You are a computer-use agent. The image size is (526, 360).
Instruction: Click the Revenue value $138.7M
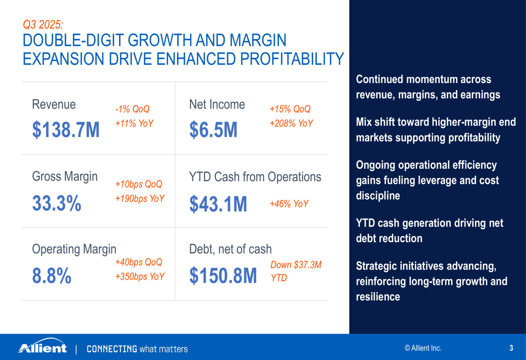point(66,130)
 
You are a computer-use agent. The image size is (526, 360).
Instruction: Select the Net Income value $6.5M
point(214,130)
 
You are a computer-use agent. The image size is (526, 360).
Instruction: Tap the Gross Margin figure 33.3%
point(57,203)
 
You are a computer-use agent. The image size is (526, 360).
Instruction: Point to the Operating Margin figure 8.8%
point(52,275)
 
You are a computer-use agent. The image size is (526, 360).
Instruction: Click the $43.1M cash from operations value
point(218,203)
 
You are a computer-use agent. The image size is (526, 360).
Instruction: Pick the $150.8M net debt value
point(223,275)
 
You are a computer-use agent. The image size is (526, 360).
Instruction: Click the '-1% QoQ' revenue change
point(132,109)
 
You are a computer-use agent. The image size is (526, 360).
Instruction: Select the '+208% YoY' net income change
point(291,124)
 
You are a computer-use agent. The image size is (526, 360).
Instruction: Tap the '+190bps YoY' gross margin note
point(139,199)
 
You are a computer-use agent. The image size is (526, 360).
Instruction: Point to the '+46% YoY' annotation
point(289,204)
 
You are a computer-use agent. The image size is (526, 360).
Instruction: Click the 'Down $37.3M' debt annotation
point(296,265)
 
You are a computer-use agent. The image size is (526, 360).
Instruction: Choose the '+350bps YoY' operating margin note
point(139,276)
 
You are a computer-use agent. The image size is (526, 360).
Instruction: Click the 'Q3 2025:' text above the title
point(43,24)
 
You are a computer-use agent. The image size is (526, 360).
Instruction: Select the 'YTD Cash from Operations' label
point(255,177)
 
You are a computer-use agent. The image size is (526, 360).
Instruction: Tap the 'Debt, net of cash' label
point(230,249)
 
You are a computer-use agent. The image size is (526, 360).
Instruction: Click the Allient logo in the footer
point(43,347)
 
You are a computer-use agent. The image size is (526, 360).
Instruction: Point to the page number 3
point(511,348)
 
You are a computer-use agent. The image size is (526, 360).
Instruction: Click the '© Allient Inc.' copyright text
point(423,348)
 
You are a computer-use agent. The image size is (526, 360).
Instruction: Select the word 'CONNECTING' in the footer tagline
point(112,348)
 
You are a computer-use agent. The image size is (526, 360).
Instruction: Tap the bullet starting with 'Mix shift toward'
point(436,130)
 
